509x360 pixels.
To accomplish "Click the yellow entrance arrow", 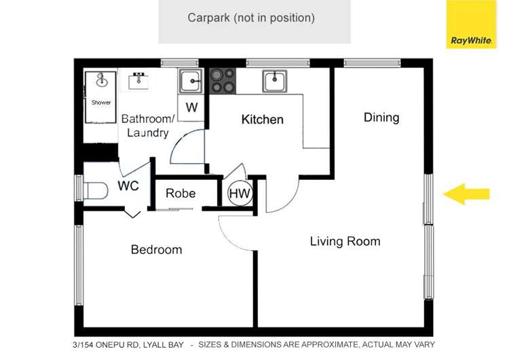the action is click(x=466, y=194).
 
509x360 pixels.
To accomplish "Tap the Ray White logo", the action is click(x=471, y=24).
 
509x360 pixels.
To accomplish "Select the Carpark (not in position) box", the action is click(x=254, y=22).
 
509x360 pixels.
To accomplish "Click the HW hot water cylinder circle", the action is click(x=240, y=194).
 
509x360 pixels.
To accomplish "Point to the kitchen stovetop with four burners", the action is click(x=223, y=81).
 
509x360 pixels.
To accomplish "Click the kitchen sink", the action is click(x=275, y=81).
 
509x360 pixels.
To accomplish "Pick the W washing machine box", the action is click(x=191, y=107).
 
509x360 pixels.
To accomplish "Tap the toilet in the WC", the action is click(x=96, y=191).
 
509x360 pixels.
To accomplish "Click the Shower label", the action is click(x=101, y=103).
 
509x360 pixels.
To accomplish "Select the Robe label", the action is click(x=181, y=194).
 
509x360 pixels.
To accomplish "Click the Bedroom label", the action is click(x=157, y=249).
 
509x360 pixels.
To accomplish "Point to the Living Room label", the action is click(x=345, y=241).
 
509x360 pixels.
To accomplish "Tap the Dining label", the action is click(x=381, y=118).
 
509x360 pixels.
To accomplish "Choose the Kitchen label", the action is click(x=262, y=120).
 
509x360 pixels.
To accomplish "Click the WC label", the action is click(x=128, y=186).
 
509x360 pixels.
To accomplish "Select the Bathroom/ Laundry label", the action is click(x=148, y=126).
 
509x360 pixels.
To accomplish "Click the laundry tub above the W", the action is click(x=191, y=82).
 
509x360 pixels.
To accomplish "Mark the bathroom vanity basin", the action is click(x=139, y=82).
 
